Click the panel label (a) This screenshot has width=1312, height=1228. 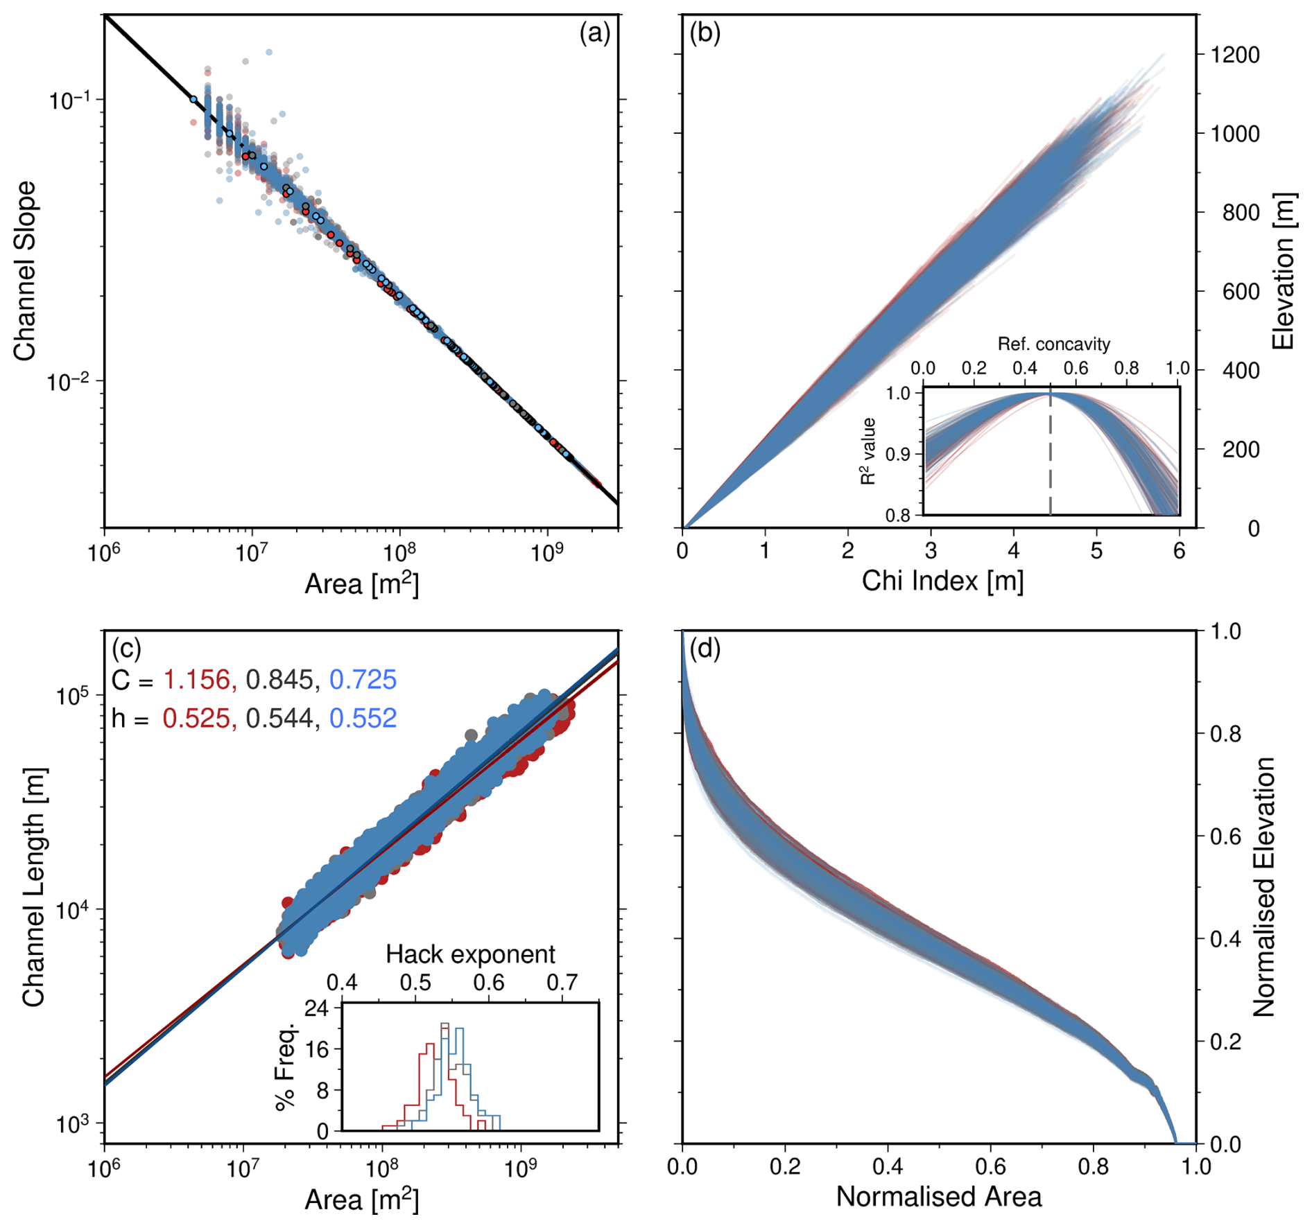coord(594,33)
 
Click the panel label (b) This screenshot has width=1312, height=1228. coord(705,33)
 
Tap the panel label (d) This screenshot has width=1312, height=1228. coord(705,649)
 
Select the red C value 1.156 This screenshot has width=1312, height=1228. coord(197,680)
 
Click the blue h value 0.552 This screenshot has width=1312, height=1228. coord(363,718)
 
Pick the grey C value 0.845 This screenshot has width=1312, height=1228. coord(279,680)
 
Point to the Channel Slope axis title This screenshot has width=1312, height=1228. coord(25,271)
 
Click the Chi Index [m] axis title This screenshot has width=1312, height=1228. coord(942,581)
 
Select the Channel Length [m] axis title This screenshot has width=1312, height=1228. coord(33,887)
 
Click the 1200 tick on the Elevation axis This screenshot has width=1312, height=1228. coord(1235,55)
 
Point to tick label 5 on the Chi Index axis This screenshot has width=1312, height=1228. coord(1096,552)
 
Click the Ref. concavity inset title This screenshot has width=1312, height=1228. coord(1053,344)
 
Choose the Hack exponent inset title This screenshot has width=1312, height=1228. coord(470,954)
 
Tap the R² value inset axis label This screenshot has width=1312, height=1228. coord(868,451)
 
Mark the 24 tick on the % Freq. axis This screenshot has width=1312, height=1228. coord(317,1008)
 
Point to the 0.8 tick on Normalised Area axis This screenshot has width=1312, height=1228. coord(1093,1166)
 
